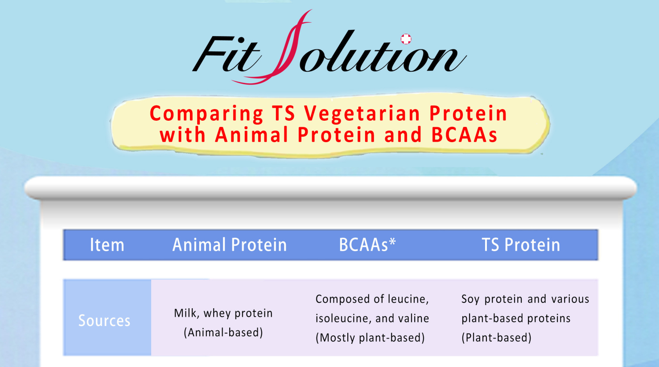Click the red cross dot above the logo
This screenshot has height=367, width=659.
pyautogui.click(x=406, y=39)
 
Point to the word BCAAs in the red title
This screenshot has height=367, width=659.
pyautogui.click(x=464, y=135)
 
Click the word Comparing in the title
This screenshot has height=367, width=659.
pyautogui.click(x=206, y=114)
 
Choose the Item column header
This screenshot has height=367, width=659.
pyautogui.click(x=107, y=245)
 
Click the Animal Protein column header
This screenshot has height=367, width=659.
pyautogui.click(x=230, y=245)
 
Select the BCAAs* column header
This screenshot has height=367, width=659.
pyautogui.click(x=367, y=245)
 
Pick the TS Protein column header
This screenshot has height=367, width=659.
pyautogui.click(x=521, y=245)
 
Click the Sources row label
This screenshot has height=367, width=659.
pyautogui.click(x=104, y=320)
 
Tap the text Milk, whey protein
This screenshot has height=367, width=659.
pyautogui.click(x=223, y=313)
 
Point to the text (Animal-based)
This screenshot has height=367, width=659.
pyautogui.click(x=223, y=333)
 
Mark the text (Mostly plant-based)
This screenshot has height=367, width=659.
pyautogui.click(x=370, y=338)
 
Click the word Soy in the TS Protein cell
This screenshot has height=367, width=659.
pyautogui.click(x=470, y=299)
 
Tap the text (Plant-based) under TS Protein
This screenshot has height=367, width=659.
pyautogui.click(x=496, y=338)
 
